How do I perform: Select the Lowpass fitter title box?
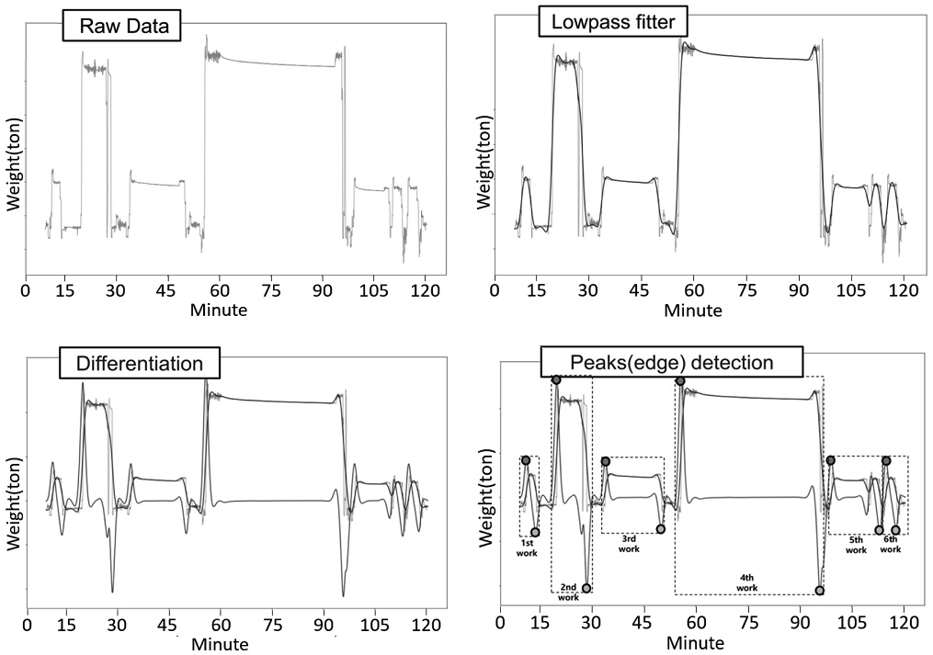[x=613, y=23]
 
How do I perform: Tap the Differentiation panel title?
[x=140, y=364]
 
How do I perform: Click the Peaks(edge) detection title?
[x=672, y=362]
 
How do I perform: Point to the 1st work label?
[x=528, y=548]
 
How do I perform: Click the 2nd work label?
[x=569, y=593]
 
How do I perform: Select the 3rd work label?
[x=629, y=544]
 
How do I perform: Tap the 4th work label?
[x=746, y=583]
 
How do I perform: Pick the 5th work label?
[x=856, y=545]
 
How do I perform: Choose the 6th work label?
[x=891, y=544]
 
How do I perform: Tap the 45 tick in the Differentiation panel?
[x=169, y=625]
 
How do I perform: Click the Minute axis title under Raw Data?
[x=219, y=310]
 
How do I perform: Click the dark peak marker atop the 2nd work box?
[x=556, y=380]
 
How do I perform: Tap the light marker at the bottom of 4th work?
[x=820, y=590]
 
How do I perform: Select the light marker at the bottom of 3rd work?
[x=661, y=529]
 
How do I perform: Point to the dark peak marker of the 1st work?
[x=526, y=460]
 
